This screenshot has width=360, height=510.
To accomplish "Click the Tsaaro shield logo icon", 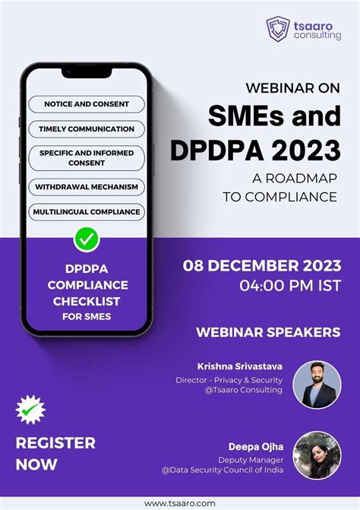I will pos(277,28).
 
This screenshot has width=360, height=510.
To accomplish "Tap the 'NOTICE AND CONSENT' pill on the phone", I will pos(87,104).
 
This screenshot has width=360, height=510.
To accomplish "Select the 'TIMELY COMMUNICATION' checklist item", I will pos(87,129).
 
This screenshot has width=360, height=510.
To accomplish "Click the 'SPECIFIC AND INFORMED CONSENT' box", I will pos(87,158).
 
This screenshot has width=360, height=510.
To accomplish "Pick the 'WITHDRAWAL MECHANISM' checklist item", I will pos(87,186).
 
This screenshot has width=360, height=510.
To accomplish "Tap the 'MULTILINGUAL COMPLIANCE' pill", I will pos(87,211).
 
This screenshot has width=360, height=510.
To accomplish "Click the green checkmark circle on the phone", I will pos(87,240).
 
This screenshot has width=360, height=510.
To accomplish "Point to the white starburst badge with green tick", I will pos(30,411).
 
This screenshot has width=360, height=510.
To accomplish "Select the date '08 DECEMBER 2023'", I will pos(262,266).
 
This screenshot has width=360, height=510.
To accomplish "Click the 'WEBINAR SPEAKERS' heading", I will pos(268,332).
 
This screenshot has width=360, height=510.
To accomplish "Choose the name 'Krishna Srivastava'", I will pos(239,366).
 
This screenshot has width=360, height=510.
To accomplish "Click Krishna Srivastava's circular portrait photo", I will pos(317,385).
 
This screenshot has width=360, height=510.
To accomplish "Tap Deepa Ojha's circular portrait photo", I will pos(317,455).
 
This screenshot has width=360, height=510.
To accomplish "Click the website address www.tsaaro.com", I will pos(180,502).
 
